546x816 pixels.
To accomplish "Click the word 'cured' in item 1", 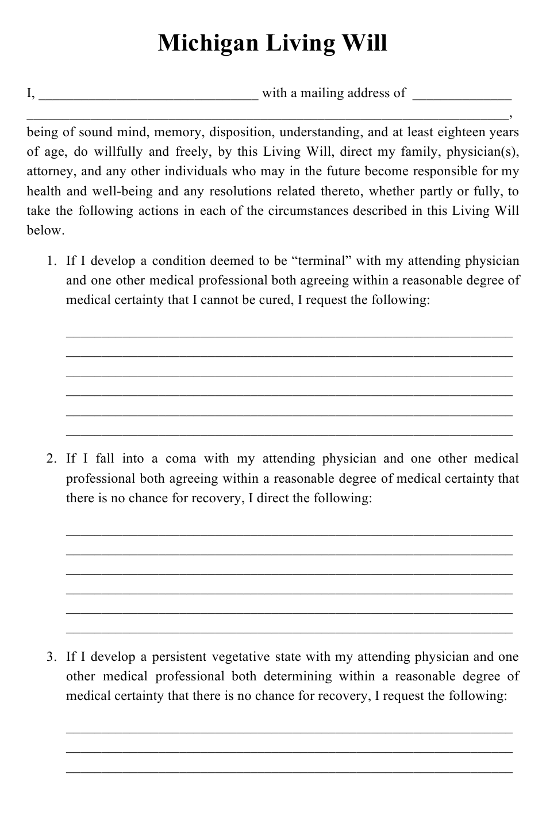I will coord(275,300).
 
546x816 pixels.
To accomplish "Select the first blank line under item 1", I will coord(289,335).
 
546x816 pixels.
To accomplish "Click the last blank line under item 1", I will coord(289,434).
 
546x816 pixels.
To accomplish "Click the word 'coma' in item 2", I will coord(180,459).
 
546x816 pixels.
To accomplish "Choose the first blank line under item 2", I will coord(289,533).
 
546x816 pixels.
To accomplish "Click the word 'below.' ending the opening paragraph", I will coord(45,230).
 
